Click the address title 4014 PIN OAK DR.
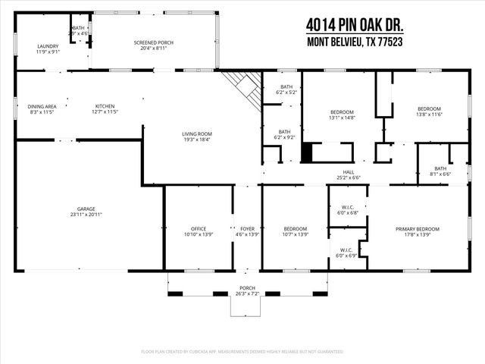click(355, 25)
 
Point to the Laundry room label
click(48, 49)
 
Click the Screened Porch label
click(153, 45)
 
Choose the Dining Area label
click(42, 109)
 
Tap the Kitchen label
click(105, 109)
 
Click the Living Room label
click(196, 136)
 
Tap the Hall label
click(349, 174)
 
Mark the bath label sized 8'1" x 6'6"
click(440, 171)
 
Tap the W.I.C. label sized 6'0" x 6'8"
click(348, 209)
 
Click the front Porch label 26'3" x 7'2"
click(247, 290)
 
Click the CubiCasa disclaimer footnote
click(242, 351)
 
